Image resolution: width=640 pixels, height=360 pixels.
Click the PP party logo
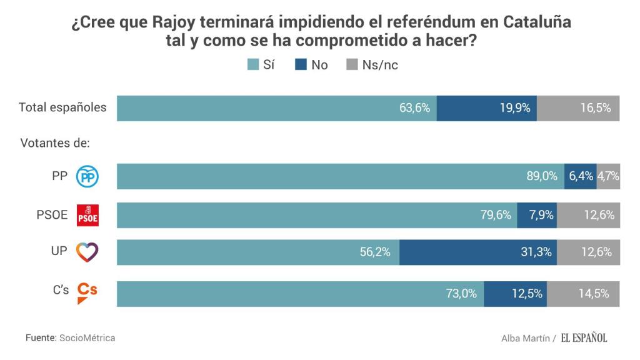(x=87, y=177)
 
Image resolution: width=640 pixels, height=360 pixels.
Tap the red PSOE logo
(x=87, y=216)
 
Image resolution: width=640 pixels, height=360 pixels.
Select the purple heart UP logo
(x=87, y=252)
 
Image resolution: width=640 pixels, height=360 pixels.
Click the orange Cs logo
(x=87, y=292)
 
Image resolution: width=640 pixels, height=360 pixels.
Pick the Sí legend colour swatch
(x=253, y=64)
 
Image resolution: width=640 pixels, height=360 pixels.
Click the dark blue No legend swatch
(x=301, y=64)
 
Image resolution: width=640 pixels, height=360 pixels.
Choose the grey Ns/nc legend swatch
(x=352, y=64)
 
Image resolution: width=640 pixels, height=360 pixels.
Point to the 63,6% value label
(x=415, y=107)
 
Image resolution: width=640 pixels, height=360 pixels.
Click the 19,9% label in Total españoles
(x=515, y=107)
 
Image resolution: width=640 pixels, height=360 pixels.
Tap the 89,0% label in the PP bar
(x=542, y=177)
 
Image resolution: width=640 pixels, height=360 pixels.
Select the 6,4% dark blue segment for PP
(x=581, y=177)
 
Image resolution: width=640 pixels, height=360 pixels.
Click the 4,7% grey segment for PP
(x=608, y=177)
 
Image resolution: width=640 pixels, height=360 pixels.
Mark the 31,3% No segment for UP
(x=478, y=252)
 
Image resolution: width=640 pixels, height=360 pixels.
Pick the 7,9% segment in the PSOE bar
(x=537, y=215)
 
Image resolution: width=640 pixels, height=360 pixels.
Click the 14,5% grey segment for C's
(x=584, y=294)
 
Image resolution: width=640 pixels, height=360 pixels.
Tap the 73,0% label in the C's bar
(x=461, y=294)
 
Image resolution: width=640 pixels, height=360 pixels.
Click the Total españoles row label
(x=62, y=107)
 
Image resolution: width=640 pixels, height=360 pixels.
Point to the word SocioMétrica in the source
(x=87, y=337)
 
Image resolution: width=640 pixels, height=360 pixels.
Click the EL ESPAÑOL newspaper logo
(x=583, y=337)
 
